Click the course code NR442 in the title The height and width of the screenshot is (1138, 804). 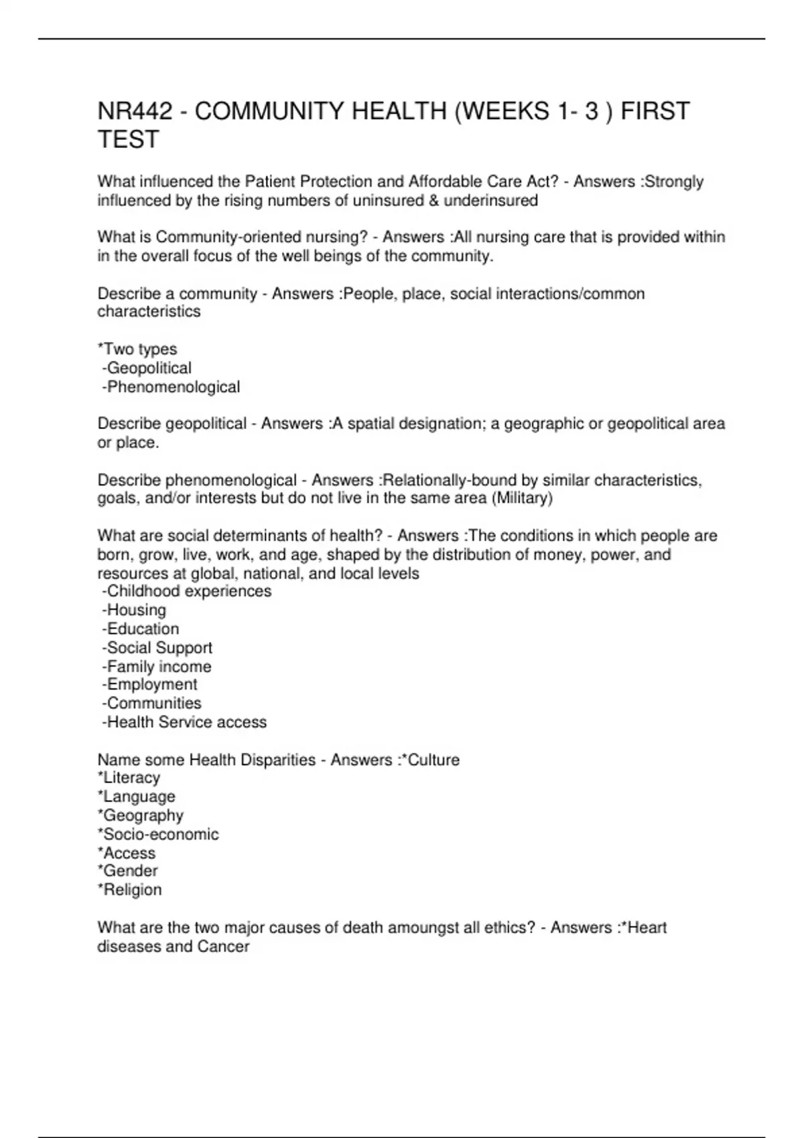click(x=135, y=111)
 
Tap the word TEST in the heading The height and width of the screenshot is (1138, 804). click(x=128, y=139)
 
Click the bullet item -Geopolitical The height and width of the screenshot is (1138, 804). click(x=147, y=368)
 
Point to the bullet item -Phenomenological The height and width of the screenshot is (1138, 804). click(x=171, y=387)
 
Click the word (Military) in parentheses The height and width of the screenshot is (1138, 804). click(x=522, y=498)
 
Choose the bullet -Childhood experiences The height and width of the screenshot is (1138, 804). click(x=187, y=591)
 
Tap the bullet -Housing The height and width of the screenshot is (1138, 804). click(x=134, y=610)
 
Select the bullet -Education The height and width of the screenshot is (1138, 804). click(x=141, y=629)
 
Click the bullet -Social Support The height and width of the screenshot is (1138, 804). click(x=157, y=647)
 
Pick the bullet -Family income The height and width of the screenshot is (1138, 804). click(x=157, y=666)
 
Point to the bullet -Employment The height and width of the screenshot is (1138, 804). click(x=149, y=684)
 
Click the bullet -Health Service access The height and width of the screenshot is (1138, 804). click(x=184, y=722)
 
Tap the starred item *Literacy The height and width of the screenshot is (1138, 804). click(x=129, y=778)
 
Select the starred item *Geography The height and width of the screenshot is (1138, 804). click(x=141, y=815)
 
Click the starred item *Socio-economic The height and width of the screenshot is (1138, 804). click(x=158, y=834)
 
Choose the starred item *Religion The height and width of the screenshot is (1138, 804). click(x=129, y=890)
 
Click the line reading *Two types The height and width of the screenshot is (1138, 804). click(x=137, y=349)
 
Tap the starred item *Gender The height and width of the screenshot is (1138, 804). click(x=127, y=871)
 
